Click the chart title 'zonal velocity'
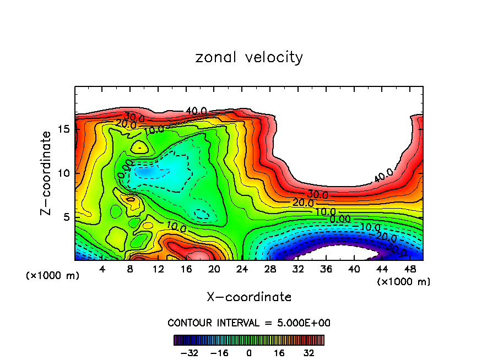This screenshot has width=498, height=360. click(x=249, y=57)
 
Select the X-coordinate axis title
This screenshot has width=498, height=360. click(x=249, y=297)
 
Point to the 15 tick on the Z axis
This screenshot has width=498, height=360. click(x=65, y=129)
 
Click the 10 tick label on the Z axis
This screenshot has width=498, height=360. click(x=65, y=173)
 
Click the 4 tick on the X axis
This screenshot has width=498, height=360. click(x=102, y=269)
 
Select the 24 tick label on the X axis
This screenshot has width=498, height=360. click(x=241, y=269)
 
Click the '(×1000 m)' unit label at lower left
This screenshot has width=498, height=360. click(x=52, y=276)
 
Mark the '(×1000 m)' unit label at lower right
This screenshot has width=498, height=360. click(x=403, y=282)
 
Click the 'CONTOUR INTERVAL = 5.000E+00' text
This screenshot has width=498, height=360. click(x=249, y=323)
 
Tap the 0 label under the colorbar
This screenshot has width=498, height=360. click(x=249, y=352)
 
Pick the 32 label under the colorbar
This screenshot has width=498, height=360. click(x=308, y=352)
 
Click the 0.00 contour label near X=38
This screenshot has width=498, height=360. click(x=340, y=219)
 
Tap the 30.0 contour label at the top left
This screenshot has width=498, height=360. click(x=134, y=117)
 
